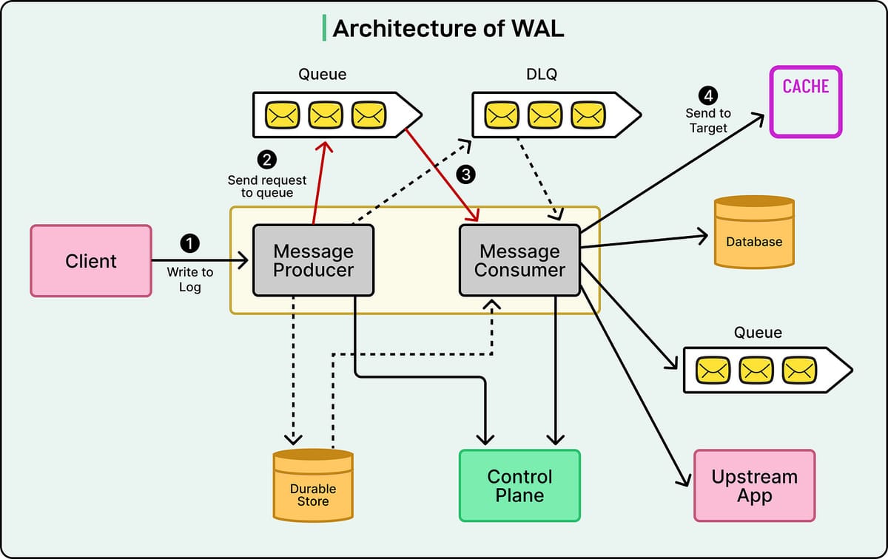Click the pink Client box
[x=91, y=261]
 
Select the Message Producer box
[x=313, y=261]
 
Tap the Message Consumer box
[x=519, y=261]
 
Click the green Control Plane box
[x=519, y=486]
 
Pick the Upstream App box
[x=754, y=486]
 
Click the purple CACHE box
[x=805, y=101]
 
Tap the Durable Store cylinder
[x=313, y=486]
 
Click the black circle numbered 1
[x=190, y=243]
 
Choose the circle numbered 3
[x=465, y=175]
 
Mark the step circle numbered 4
[x=708, y=95]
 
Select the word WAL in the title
[x=538, y=28]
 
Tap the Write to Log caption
[x=189, y=279]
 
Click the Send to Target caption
[x=708, y=121]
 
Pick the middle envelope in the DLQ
[x=545, y=115]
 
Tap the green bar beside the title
[x=324, y=27]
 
